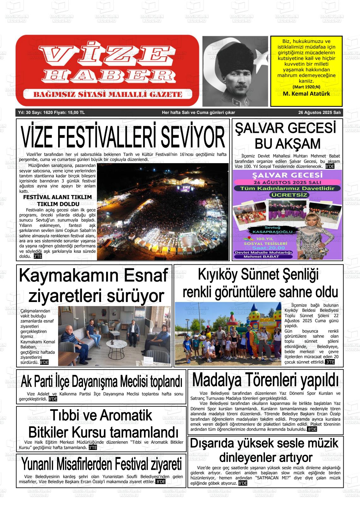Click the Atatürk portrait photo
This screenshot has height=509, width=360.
[x=236, y=71]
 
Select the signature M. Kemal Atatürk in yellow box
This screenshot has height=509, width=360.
[x=306, y=94]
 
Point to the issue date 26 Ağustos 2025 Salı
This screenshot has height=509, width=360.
[x=319, y=113]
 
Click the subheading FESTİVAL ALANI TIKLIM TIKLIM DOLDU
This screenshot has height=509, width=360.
[x=57, y=200]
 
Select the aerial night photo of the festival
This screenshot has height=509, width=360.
[x=163, y=211]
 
